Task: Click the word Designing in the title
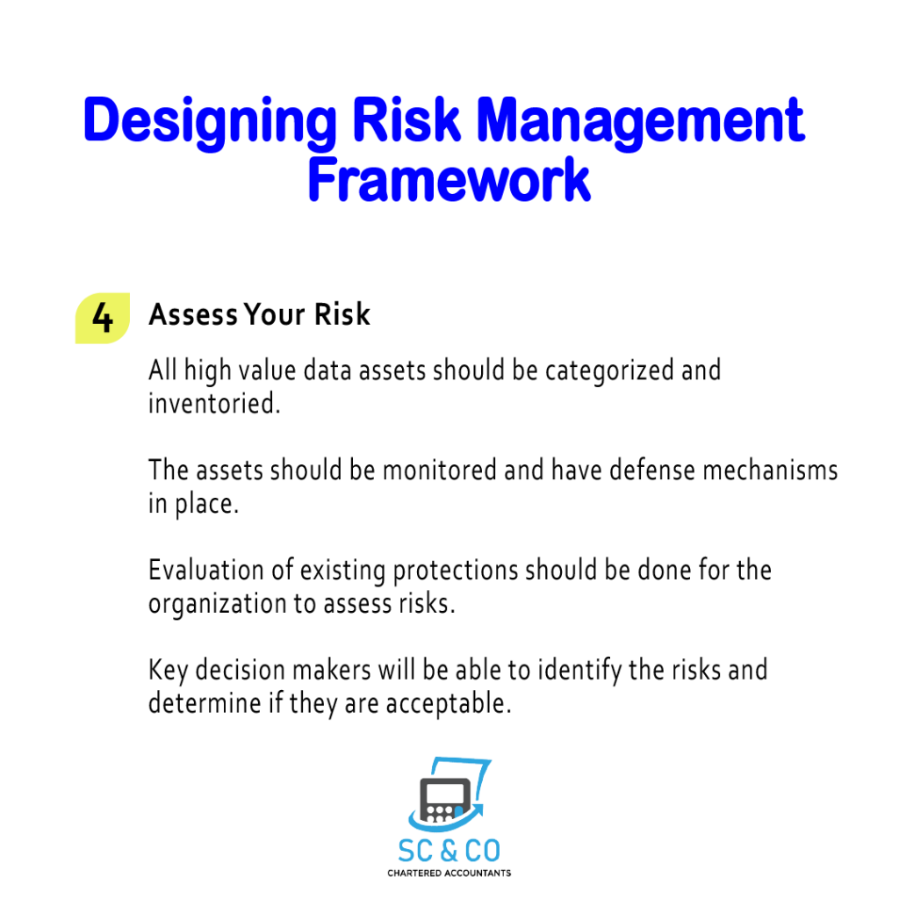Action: pos(210,122)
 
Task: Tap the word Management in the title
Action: pos(641,122)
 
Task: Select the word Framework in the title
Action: pos(449,179)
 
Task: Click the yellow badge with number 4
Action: pos(103,318)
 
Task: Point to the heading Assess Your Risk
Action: pos(259,314)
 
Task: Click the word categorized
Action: pos(609,371)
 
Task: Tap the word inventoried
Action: pos(214,403)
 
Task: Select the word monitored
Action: pos(439,471)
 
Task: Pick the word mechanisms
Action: pos(770,471)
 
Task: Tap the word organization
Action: pos(218,605)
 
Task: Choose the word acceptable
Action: pos(449,704)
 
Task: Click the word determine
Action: pos(205,703)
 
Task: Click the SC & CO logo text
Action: pos(449,851)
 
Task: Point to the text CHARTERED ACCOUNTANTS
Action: pos(449,874)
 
